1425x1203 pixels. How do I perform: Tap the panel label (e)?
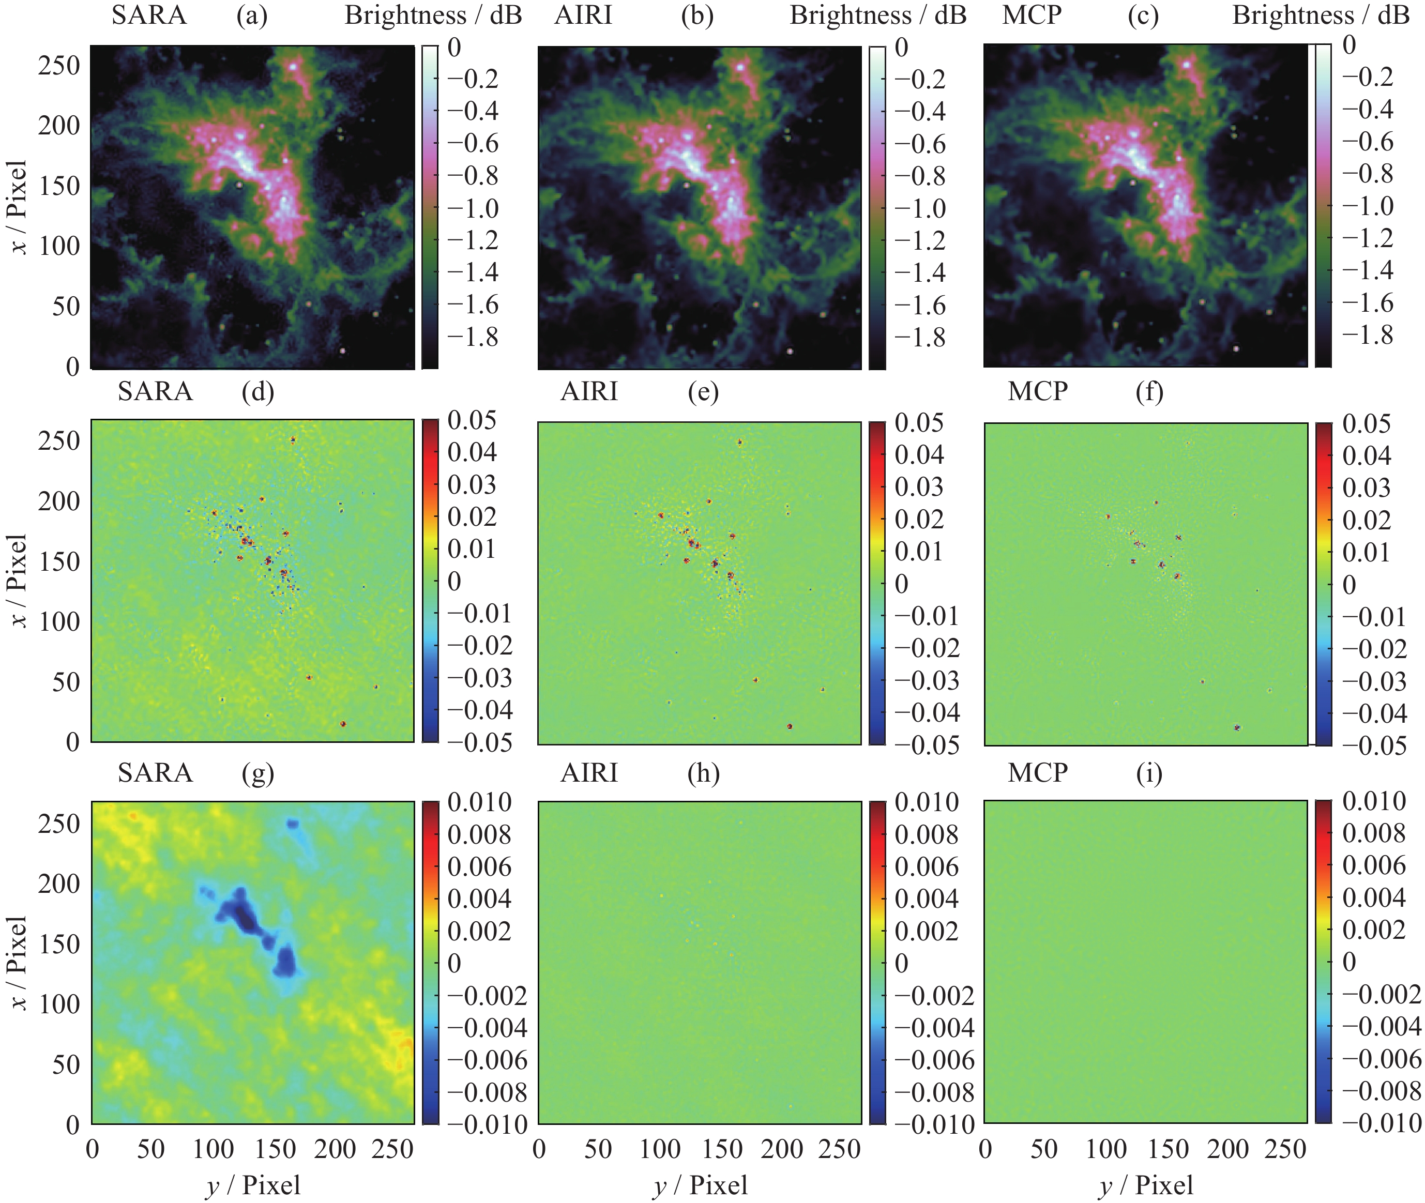pos(703,392)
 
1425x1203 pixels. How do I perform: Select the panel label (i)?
pos(1149,773)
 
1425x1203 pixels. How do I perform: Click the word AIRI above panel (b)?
pos(583,15)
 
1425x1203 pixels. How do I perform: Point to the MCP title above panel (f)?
pos(1038,391)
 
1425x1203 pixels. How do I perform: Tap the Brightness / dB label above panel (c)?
pos(1321,15)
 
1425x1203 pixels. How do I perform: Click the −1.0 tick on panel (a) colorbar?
pos(473,208)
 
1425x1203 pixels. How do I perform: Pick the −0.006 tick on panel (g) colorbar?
pos(487,1060)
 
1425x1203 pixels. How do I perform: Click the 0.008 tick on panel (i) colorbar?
pos(1374,833)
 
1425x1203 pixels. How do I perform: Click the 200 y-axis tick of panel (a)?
pos(59,126)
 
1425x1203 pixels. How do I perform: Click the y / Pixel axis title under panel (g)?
pos(253,1185)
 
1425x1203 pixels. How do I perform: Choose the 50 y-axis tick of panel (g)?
pos(66,1064)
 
